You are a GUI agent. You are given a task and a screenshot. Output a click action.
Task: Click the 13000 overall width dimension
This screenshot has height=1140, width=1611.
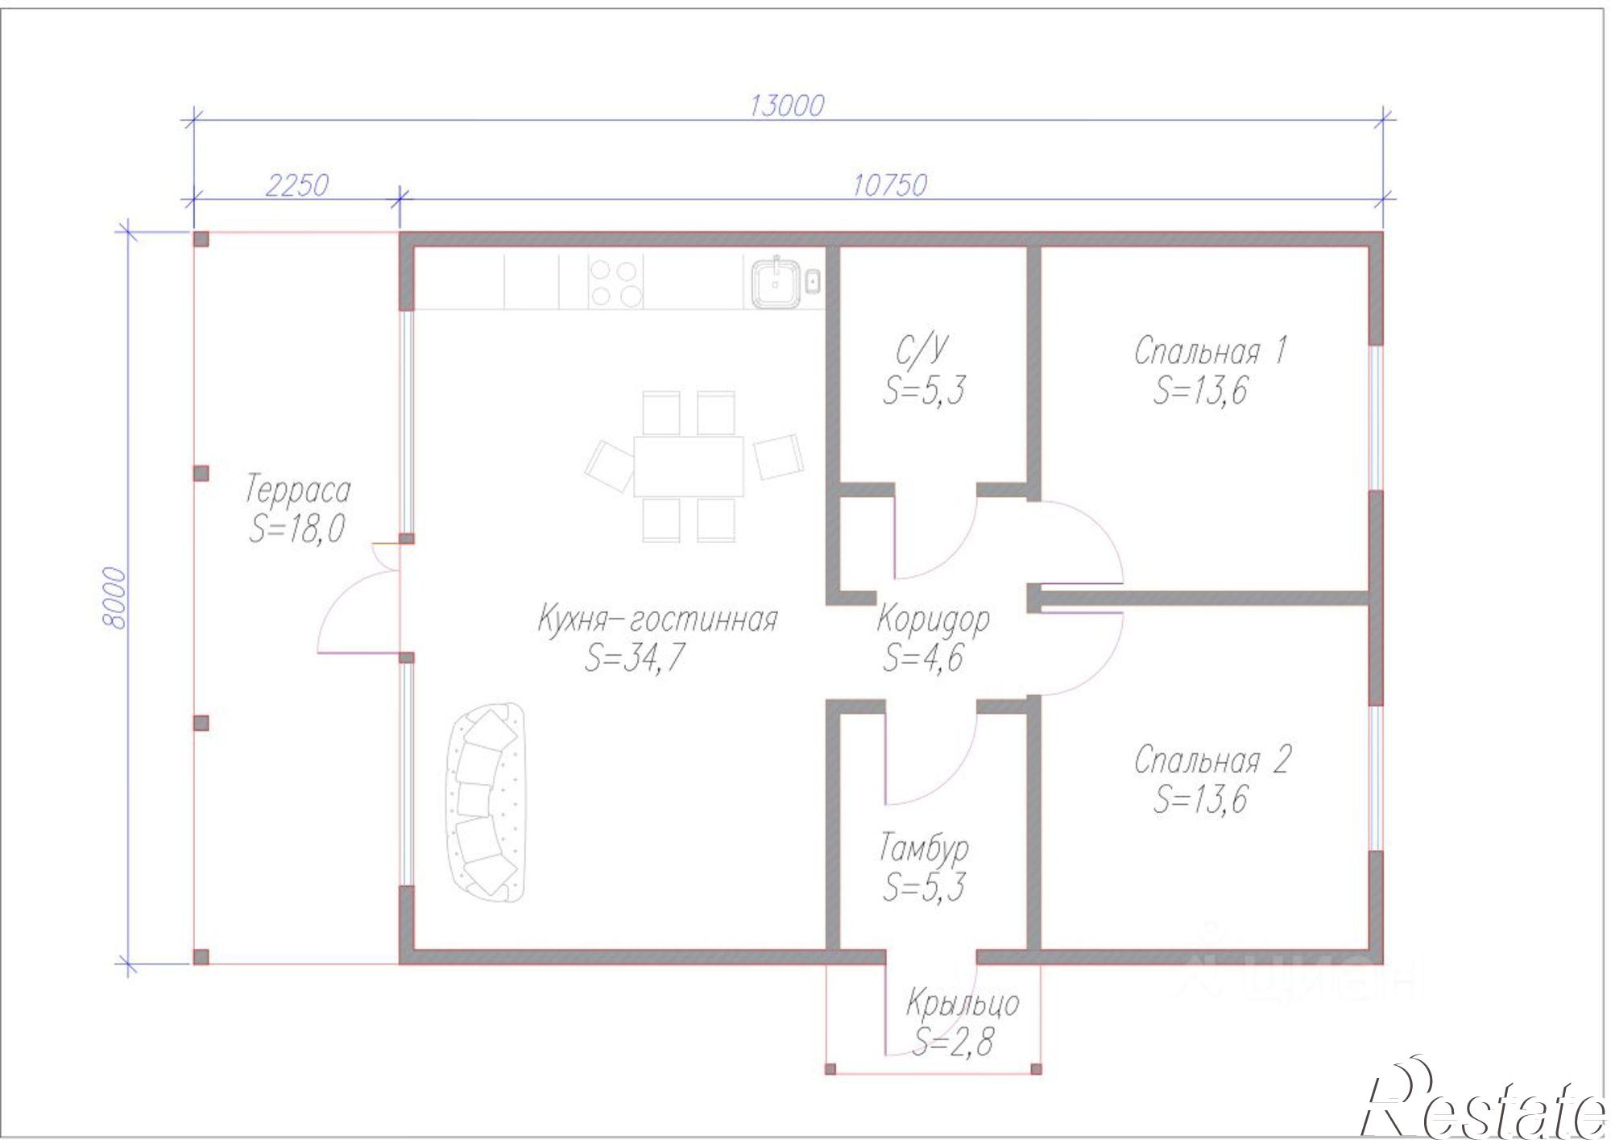pos(787,106)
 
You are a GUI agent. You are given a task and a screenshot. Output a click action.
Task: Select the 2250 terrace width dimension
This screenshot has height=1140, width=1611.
pos(296,185)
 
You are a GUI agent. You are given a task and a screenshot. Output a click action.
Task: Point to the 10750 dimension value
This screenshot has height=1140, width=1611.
pos(890,185)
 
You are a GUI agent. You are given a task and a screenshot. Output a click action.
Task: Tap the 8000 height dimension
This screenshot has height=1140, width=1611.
pos(115,599)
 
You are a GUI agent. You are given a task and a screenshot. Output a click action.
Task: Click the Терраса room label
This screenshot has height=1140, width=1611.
pos(298,490)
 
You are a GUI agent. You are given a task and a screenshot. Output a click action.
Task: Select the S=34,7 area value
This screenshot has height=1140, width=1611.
pos(635,658)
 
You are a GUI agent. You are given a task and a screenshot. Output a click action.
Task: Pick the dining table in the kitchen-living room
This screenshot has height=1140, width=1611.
pos(689,466)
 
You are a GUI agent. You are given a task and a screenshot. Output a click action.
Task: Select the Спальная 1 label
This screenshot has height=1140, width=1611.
pos(1211,351)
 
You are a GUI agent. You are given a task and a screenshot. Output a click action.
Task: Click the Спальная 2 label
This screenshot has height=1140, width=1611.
pos(1212,761)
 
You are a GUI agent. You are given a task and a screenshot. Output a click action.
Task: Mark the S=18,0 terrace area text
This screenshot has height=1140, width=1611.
pos(297,529)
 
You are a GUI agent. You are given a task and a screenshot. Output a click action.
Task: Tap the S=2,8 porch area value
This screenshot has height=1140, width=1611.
pos(953,1043)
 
